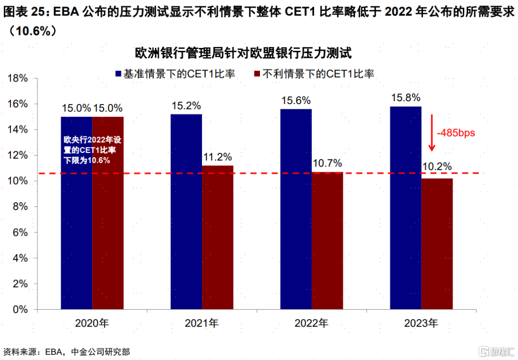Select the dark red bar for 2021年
coord(218,237)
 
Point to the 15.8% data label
coord(405,97)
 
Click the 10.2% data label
coord(437,167)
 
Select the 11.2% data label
coord(218,157)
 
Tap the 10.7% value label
coord(327,163)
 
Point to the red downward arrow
coord(432,132)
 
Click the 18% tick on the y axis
coord(18,79)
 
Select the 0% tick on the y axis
coord(21,310)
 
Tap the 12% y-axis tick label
coord(18,156)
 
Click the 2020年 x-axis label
coord(92,323)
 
